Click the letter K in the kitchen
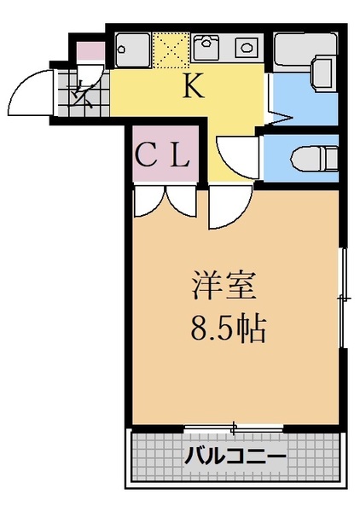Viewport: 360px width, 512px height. pos(192,85)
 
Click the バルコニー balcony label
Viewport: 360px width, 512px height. pos(235,457)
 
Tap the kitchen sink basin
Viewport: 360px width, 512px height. pos(135,47)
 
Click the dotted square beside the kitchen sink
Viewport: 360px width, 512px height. pos(170,49)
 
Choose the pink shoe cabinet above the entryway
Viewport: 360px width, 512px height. pos(90,50)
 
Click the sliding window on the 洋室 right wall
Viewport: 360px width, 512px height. pos(343,299)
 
